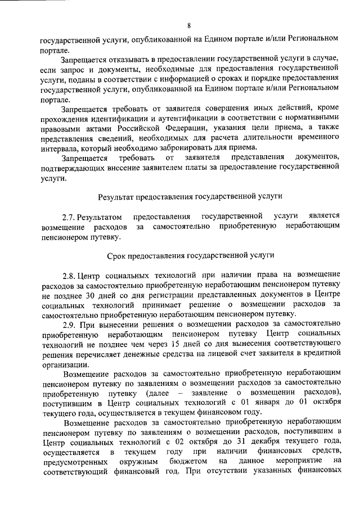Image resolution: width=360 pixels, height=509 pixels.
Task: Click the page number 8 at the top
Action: click(190, 25)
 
